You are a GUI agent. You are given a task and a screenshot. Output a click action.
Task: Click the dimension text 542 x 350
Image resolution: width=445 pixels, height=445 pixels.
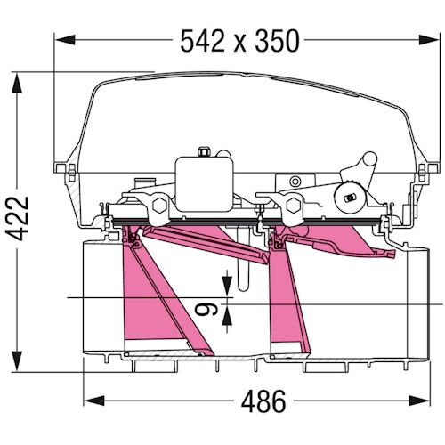click(239, 41)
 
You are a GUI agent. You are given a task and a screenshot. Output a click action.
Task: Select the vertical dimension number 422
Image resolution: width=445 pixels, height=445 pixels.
click(18, 218)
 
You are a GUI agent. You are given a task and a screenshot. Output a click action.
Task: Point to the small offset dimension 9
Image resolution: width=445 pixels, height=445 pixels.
click(206, 310)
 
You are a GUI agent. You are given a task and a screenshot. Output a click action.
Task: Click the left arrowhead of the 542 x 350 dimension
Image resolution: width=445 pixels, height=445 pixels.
click(65, 40)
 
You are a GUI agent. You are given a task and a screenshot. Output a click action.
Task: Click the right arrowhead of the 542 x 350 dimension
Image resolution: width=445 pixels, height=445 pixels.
click(428, 40)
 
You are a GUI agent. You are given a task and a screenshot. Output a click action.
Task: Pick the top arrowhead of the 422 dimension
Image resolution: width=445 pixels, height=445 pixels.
click(17, 84)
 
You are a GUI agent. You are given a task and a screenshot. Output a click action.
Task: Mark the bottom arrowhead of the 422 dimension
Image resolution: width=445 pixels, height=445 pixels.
click(17, 360)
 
